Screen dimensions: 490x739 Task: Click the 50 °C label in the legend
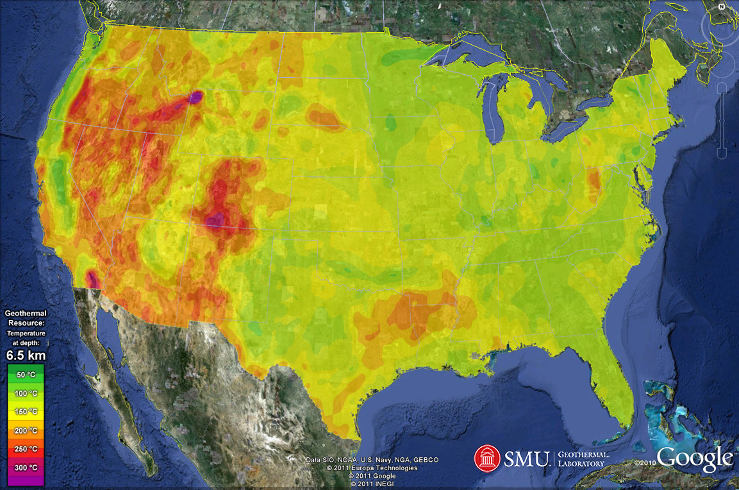[x=26, y=374]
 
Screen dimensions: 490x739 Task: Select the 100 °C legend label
[x=26, y=393]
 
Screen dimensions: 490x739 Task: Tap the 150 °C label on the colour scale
[x=26, y=411]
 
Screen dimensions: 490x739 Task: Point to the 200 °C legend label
[x=26, y=430]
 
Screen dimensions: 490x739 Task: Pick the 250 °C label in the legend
[x=26, y=449]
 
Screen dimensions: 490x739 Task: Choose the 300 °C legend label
[x=26, y=468]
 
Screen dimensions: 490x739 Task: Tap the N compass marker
[x=721, y=6]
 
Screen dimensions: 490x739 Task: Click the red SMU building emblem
[x=486, y=458]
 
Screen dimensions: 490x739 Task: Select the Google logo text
[x=695, y=459]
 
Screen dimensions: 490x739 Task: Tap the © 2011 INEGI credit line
[x=372, y=484]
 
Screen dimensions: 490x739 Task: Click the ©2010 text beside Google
[x=645, y=462]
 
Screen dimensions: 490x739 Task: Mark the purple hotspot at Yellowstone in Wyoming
[x=195, y=97]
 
